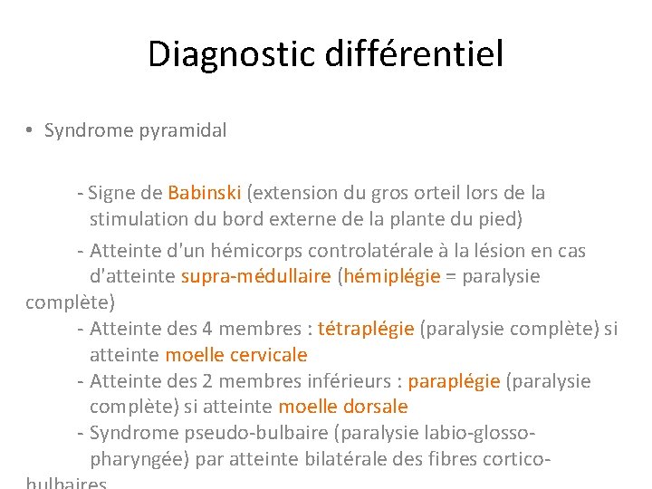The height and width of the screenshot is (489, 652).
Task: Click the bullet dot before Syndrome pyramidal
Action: pos(31,130)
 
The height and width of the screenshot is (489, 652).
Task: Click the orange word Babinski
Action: pos(204,193)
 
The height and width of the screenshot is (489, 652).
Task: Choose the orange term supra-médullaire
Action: pos(256,276)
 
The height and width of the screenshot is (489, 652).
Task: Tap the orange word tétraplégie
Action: pos(366,329)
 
